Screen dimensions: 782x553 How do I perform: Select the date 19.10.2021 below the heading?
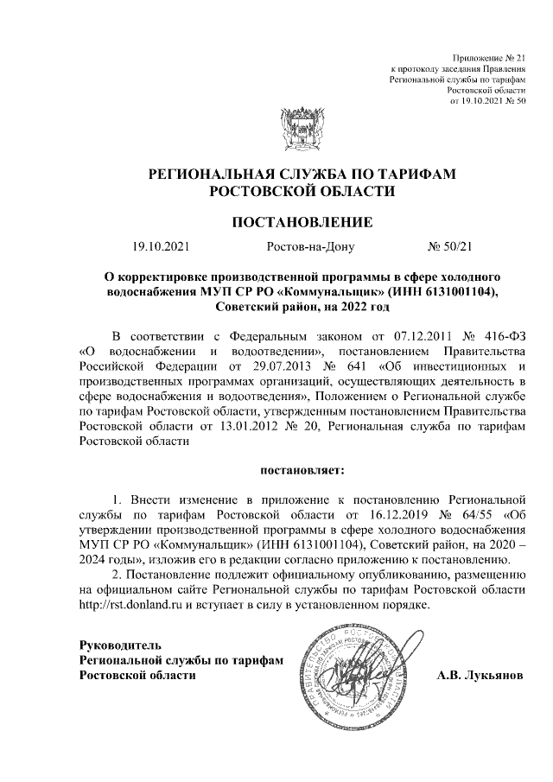[x=161, y=247]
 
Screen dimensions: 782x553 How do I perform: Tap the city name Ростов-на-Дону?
[x=311, y=247]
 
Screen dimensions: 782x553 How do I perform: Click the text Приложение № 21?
[x=489, y=56]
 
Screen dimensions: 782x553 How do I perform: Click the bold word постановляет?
[x=302, y=470]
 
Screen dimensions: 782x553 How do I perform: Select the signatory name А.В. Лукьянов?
[x=479, y=675]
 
